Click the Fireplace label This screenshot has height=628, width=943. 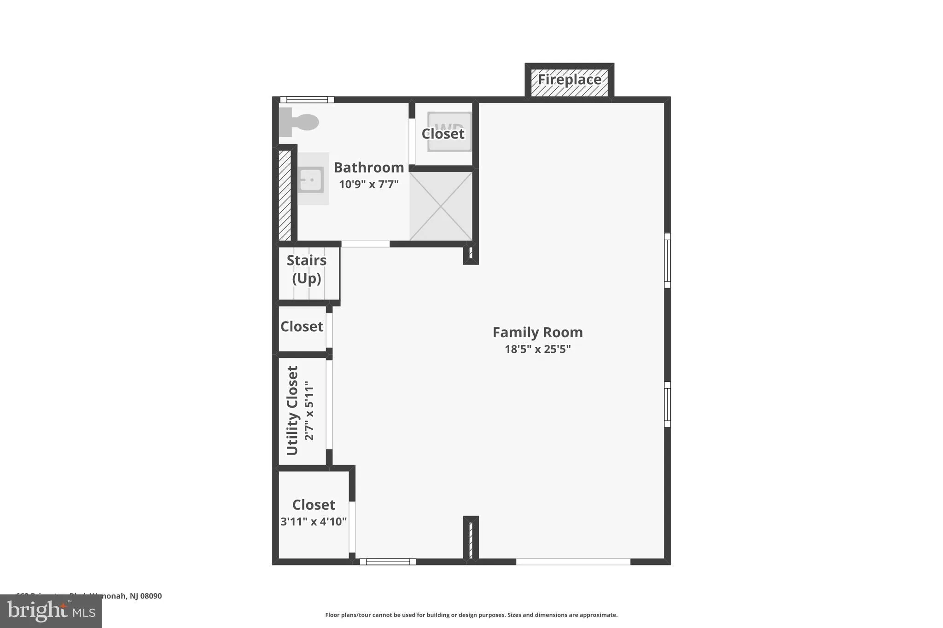pos(570,80)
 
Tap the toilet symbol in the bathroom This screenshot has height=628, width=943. pos(299,122)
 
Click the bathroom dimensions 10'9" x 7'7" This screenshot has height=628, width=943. pos(369,184)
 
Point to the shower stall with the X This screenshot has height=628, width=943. pos(441,206)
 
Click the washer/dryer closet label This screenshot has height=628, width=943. pos(443,133)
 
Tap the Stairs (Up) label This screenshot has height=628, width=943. pos(307,269)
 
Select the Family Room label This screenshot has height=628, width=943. pos(537,332)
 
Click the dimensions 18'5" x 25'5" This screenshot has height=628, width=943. pos(537,349)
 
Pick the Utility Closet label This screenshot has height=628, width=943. pos(293,410)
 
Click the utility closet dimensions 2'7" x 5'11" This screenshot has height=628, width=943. pos(309,410)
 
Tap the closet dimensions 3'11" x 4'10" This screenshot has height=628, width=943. pos(314,522)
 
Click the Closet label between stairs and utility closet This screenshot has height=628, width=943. pos(302,327)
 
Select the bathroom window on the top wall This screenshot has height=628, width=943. pos(307,99)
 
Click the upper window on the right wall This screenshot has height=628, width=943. pos(667,260)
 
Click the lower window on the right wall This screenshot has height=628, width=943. pos(667,404)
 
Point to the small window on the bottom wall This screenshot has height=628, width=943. pos(388,562)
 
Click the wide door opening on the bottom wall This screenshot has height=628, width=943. pos(573,562)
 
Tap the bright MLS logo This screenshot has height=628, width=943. pos(51,611)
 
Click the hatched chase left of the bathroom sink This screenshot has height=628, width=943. pos(285,196)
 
